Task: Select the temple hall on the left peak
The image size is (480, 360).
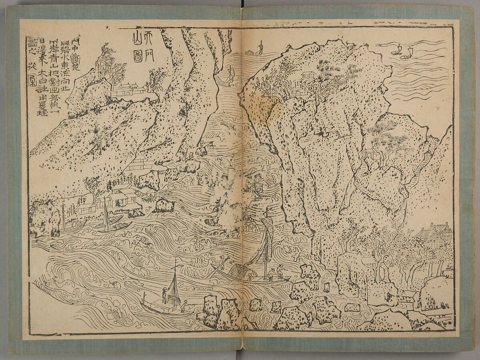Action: point(127,90)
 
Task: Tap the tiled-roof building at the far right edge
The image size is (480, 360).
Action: point(434,231)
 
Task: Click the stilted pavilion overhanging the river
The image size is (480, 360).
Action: point(147,194)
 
